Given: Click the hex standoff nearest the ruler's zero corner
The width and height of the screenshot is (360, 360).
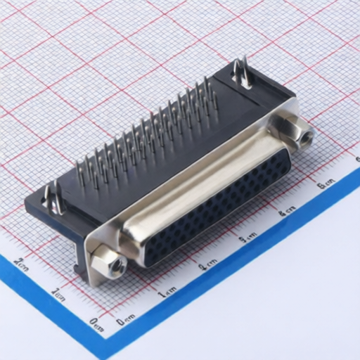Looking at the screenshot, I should tap(110, 262).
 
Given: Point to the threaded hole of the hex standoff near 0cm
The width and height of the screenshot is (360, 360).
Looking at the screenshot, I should tap(115, 266).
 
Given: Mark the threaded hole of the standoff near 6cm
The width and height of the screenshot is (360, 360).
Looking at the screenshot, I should tap(304, 136).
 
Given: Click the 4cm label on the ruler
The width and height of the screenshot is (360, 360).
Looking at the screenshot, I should tap(286, 211).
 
